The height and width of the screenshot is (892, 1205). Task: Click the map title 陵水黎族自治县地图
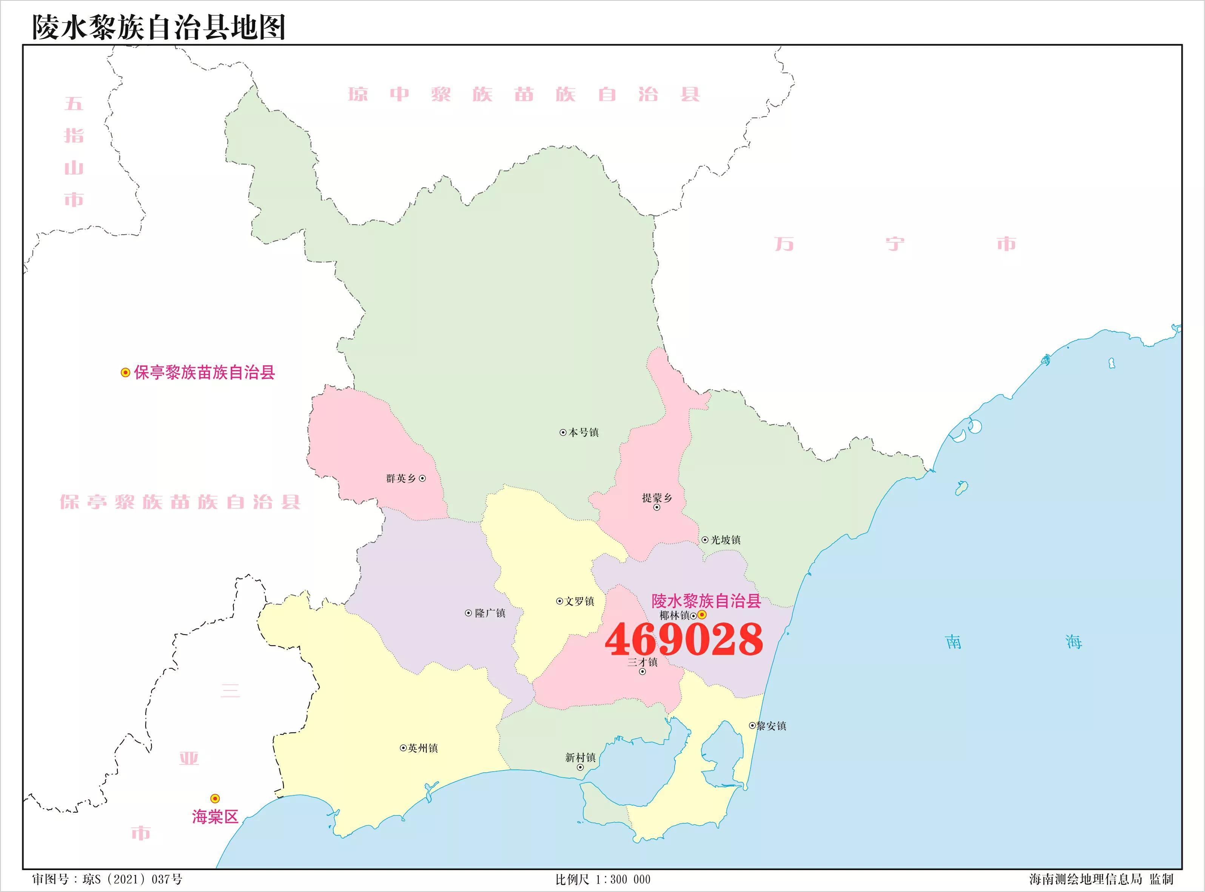tap(159, 27)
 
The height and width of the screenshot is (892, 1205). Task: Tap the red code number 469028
tap(683, 639)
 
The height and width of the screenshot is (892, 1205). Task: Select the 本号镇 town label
tap(583, 432)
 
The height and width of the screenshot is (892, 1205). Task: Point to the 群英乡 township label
tap(401, 478)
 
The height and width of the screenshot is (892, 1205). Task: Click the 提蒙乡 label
tap(657, 498)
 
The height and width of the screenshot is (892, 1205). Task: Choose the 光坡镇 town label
tap(725, 540)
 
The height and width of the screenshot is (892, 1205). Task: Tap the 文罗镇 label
tap(579, 601)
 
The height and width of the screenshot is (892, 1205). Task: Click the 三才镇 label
tap(642, 662)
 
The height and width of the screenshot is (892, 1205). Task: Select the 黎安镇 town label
tap(771, 726)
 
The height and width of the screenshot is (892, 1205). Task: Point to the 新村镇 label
tap(580, 758)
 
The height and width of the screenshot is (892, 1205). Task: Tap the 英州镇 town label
tap(423, 748)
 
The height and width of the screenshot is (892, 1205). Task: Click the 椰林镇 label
tap(675, 615)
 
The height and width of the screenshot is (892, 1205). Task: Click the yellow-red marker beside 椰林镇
tap(702, 615)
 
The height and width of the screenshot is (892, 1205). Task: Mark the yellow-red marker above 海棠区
tap(215, 798)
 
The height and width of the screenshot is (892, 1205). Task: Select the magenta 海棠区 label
tap(215, 817)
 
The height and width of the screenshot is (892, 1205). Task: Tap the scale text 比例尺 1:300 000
tap(603, 880)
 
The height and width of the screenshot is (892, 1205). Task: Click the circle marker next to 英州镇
tap(403, 748)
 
